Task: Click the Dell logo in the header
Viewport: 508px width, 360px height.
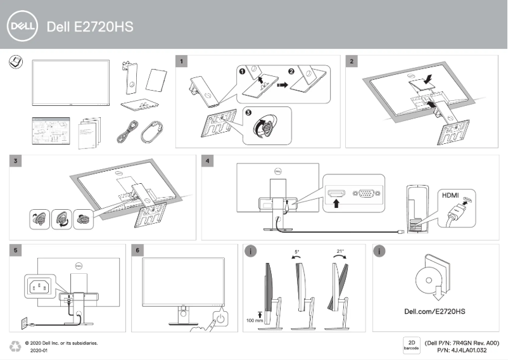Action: pos(23,27)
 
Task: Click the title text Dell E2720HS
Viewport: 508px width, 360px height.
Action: pos(90,27)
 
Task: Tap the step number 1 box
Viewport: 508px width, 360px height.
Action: pos(182,61)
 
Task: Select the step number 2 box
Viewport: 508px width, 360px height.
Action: pos(352,61)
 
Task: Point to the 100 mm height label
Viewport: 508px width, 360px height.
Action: pos(255,321)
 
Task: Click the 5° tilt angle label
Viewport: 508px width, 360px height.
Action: pos(297,252)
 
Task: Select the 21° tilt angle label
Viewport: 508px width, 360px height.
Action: pos(340,252)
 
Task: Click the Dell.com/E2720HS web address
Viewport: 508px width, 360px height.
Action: pos(435,311)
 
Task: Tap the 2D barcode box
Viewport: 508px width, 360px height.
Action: pos(410,346)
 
